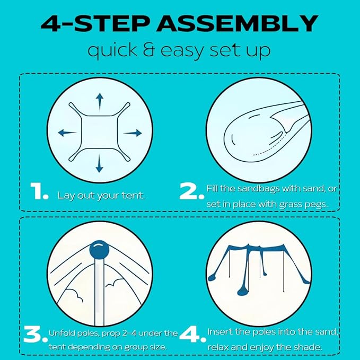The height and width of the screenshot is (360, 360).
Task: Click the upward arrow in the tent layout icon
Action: point(99,101)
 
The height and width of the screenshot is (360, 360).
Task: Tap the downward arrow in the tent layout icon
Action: point(99,165)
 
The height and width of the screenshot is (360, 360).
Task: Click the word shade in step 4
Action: point(309,346)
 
